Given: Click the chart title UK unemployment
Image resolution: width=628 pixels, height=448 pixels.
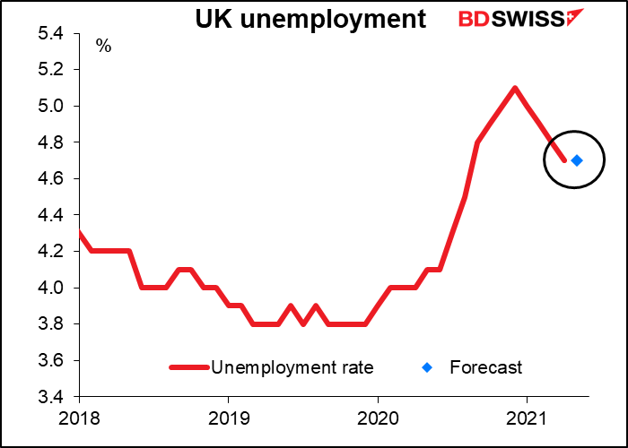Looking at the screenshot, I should (311, 20).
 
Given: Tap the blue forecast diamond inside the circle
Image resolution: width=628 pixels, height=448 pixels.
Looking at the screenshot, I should (577, 160).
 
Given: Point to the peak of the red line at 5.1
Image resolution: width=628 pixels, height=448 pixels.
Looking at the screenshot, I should (515, 88).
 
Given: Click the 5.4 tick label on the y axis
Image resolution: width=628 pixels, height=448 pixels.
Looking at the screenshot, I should (50, 34).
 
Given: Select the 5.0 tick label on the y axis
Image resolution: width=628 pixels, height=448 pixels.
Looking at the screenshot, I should (50, 107).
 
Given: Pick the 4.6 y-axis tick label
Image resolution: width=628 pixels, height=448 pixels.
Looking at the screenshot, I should (50, 179).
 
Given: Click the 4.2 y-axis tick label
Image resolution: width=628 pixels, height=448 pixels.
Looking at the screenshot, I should (50, 252).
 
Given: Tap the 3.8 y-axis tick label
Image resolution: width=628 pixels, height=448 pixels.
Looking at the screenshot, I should (50, 324).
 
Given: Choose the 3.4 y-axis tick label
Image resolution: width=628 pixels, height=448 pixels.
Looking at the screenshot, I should (50, 397).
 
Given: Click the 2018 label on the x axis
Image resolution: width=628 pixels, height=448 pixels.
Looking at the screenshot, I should (79, 418).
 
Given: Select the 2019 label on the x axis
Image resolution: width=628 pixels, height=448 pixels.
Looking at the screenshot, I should (228, 418).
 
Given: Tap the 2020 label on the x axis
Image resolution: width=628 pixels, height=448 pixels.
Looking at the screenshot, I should (378, 418).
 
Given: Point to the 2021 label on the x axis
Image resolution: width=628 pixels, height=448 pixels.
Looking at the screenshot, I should (527, 418).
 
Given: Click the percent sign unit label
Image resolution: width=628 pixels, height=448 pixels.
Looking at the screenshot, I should (104, 47).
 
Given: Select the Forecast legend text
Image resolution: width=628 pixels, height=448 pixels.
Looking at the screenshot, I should (485, 367).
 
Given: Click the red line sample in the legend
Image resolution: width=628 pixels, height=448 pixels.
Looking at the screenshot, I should (188, 367).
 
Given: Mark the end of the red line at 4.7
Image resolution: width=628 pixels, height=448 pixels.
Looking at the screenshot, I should (564, 160).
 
